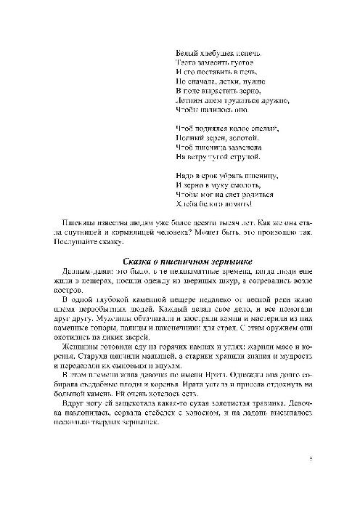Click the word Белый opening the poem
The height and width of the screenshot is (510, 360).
point(187,54)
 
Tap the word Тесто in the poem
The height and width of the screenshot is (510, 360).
point(186,65)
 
